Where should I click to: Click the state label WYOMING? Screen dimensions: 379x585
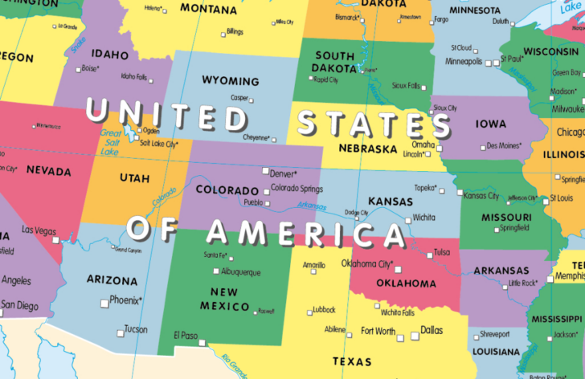coord(230,81)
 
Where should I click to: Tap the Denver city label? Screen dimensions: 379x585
coord(283,173)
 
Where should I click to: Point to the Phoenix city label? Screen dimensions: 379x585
coord(125,300)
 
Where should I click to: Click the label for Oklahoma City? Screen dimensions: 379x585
coord(366,263)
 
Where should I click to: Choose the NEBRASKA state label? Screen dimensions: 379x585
coord(368,149)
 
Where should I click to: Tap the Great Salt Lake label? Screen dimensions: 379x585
coord(110,141)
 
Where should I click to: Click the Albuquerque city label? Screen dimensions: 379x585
coord(235,272)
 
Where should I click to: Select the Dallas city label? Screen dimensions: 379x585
coord(432,330)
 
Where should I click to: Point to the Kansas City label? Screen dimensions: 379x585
coord(481,196)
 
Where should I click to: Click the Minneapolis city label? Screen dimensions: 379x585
coord(464,61)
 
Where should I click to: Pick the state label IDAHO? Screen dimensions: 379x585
coord(110,55)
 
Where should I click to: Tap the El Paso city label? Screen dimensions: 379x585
coord(185,335)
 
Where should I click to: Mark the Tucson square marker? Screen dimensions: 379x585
coord(120,330)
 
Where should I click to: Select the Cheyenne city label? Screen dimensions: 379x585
coord(257,137)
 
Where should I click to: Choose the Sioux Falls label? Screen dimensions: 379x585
coord(406,85)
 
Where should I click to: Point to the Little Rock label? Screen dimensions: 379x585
coord(522,283)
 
